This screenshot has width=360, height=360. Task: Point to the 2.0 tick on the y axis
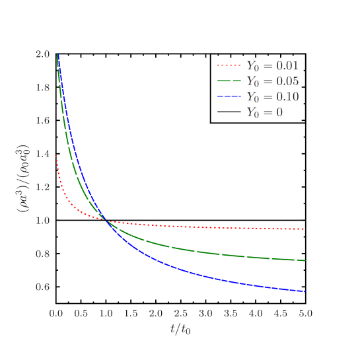(42, 54)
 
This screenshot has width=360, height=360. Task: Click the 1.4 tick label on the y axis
(42, 154)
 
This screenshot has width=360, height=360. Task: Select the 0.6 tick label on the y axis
(42, 287)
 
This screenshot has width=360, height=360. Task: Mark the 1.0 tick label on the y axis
(42, 221)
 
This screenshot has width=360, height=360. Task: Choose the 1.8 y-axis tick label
(42, 87)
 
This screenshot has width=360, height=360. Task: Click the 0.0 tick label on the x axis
(56, 312)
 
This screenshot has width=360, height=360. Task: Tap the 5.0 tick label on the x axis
(305, 312)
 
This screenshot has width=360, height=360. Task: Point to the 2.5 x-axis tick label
(181, 312)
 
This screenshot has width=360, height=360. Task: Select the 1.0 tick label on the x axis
(106, 312)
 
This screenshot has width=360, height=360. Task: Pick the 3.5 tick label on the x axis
(231, 312)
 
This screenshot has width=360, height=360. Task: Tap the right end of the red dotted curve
(305, 229)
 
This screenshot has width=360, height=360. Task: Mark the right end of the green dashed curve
(305, 261)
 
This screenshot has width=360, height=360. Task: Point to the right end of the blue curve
(305, 291)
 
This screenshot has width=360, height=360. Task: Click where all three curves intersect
(106, 221)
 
